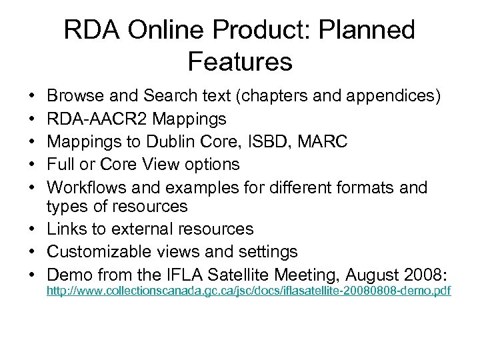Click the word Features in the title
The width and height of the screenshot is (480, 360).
240,61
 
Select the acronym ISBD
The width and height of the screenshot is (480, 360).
251,142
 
